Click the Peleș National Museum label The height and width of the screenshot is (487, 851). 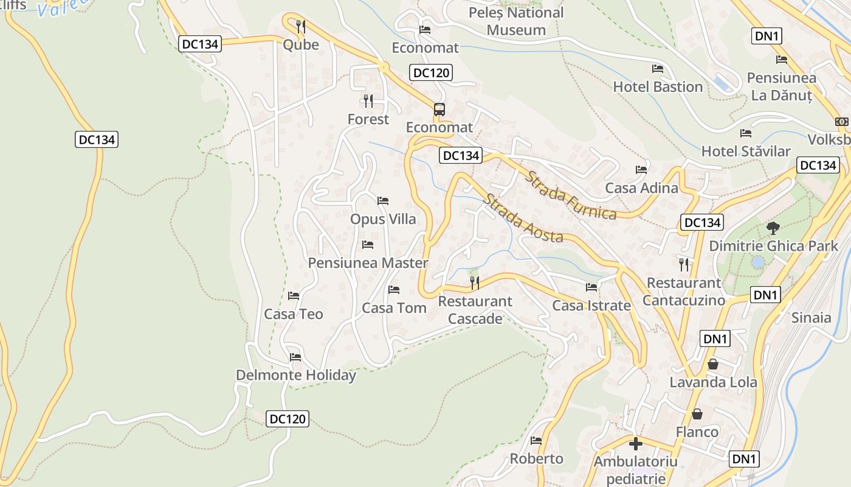[516, 21]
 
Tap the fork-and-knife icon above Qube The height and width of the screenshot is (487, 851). [300, 26]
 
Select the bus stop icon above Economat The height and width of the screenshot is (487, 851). [439, 110]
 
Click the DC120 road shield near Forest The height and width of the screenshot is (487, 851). [431, 73]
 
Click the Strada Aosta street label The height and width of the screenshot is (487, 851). [523, 218]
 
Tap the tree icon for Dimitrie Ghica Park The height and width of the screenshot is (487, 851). [773, 228]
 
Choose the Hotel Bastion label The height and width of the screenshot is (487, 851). [658, 87]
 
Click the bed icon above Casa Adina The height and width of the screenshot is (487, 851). [641, 169]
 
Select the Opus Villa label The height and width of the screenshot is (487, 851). [383, 219]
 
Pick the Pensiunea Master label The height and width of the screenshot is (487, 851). [368, 263]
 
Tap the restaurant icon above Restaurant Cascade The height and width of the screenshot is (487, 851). [475, 282]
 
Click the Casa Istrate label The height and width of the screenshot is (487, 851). [591, 306]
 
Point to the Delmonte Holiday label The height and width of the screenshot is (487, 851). [295, 375]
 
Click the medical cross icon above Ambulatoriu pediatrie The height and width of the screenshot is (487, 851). [635, 443]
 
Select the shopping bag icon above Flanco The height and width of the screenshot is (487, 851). [697, 414]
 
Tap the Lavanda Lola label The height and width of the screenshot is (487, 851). [713, 382]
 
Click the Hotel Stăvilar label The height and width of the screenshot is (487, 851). [746, 152]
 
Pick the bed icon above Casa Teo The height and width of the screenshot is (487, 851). [294, 296]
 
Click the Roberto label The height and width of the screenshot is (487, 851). [536, 458]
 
